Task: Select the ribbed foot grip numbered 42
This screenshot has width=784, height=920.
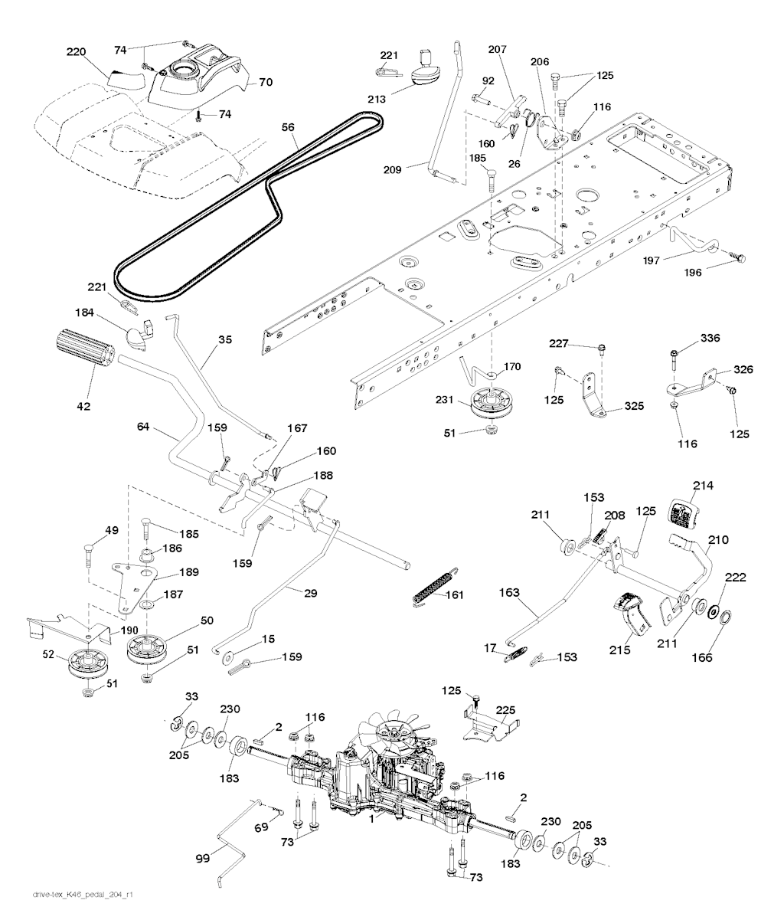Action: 84,358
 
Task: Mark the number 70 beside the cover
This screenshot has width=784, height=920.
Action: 266,80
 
